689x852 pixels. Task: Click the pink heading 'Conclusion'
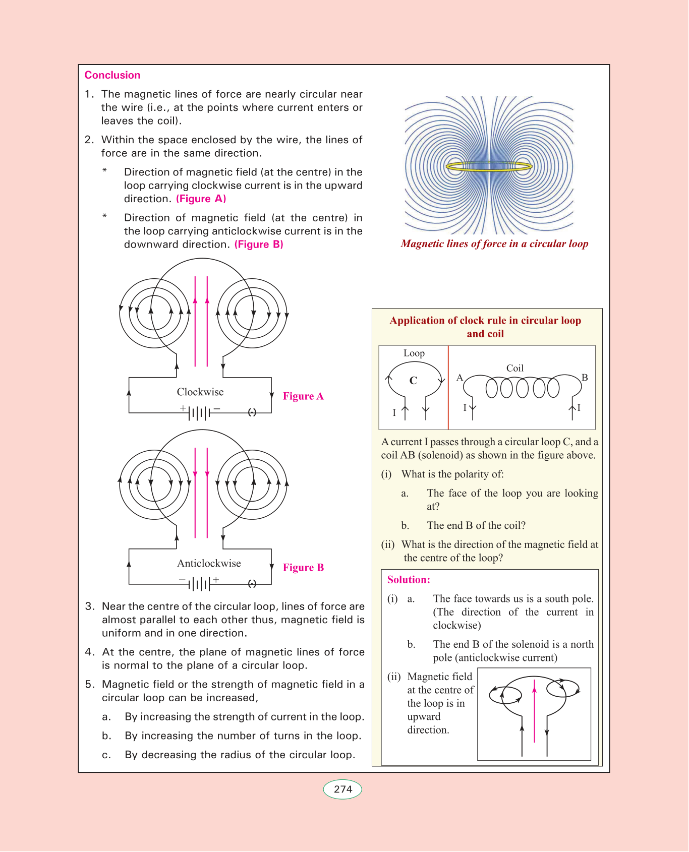[x=112, y=75]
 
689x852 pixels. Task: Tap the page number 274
[x=342, y=789]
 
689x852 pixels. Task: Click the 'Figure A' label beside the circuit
[x=303, y=396]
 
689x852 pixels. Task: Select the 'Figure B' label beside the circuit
[x=303, y=568]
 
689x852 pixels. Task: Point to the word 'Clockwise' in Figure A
[x=200, y=392]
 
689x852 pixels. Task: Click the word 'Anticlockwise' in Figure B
[x=209, y=564]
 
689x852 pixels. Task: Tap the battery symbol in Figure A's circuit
[x=200, y=413]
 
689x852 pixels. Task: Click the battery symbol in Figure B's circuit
[x=200, y=584]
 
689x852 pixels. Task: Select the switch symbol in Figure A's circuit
[x=252, y=412]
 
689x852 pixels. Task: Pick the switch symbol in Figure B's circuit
[x=252, y=584]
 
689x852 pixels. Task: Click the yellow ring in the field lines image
[x=489, y=166]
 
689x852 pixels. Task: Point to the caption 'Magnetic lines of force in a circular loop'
[x=494, y=244]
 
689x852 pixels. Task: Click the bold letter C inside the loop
[x=413, y=381]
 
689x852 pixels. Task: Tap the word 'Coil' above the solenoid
[x=515, y=369]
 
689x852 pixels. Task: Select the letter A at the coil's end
[x=460, y=378]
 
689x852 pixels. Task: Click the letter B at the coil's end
[x=585, y=378]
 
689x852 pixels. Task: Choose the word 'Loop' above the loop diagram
[x=414, y=353]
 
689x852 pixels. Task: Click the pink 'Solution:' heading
[x=409, y=580]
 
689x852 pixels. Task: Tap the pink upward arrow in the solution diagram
[x=535, y=711]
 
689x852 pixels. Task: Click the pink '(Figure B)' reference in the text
[x=259, y=245]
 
